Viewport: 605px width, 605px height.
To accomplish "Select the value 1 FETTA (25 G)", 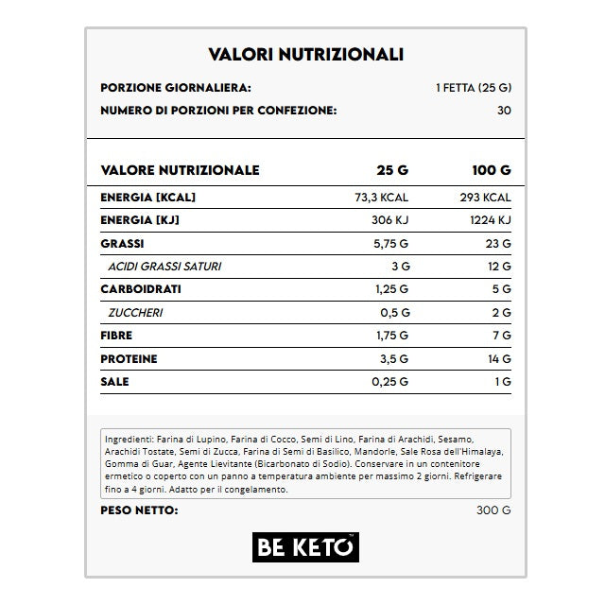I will (474, 88).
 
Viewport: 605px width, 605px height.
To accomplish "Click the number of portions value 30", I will (503, 111).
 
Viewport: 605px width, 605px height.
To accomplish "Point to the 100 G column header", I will (491, 171).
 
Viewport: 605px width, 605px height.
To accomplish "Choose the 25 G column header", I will (392, 171).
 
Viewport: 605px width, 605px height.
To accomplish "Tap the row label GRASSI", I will (122, 243).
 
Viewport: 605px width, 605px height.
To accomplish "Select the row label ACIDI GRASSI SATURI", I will (164, 267).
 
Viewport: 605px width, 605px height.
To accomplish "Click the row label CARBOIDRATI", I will (141, 289).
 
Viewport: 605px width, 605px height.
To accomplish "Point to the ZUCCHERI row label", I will (137, 313).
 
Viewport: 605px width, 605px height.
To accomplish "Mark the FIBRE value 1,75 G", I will (389, 336).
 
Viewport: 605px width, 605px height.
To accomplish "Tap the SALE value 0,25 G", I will (389, 382).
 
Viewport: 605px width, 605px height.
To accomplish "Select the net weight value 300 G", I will (494, 511).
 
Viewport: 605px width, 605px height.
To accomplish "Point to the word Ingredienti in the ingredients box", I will (131, 440).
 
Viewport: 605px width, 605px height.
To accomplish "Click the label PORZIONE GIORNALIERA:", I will (175, 88).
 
